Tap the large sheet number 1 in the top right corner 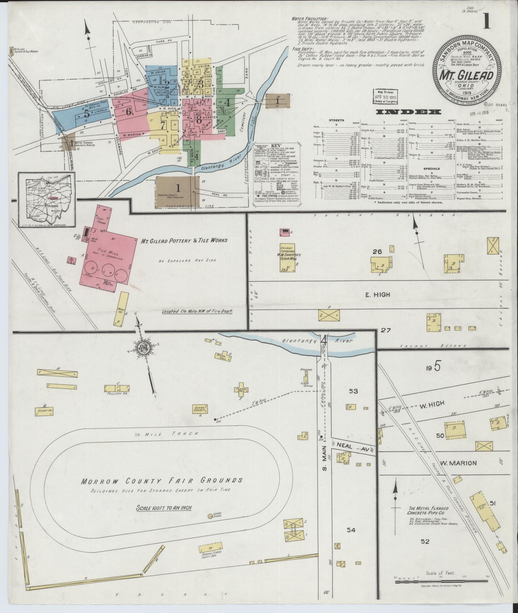(486, 22)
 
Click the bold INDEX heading (409, 112)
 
